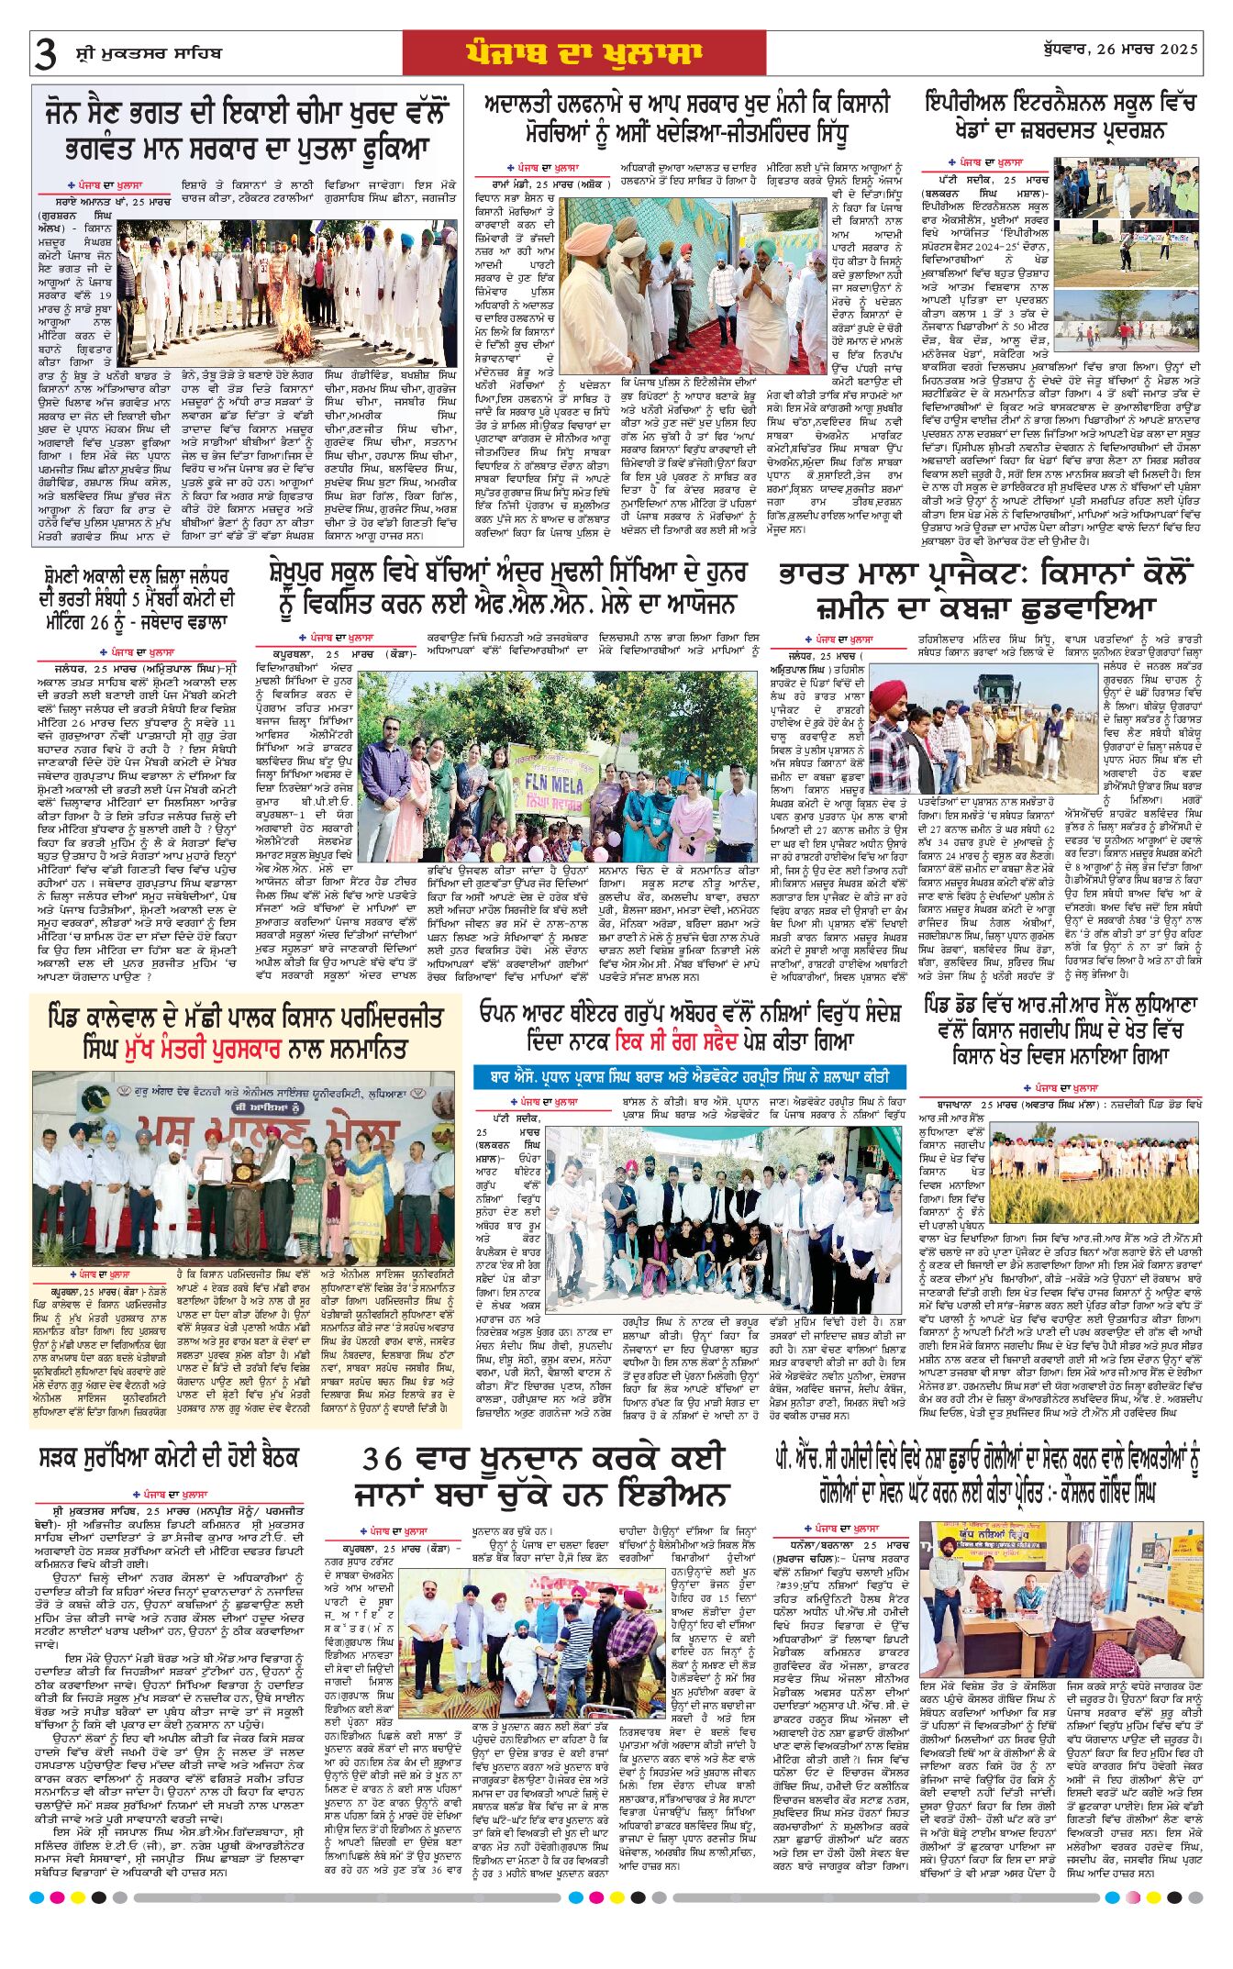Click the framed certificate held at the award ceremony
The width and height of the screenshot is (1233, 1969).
(214, 1168)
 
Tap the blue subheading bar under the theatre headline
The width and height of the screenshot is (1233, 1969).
(689, 1076)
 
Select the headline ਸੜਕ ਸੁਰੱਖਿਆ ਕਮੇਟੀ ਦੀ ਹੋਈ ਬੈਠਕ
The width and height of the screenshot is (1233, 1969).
(170, 1458)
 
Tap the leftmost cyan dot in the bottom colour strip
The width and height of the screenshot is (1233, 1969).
(37, 1897)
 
